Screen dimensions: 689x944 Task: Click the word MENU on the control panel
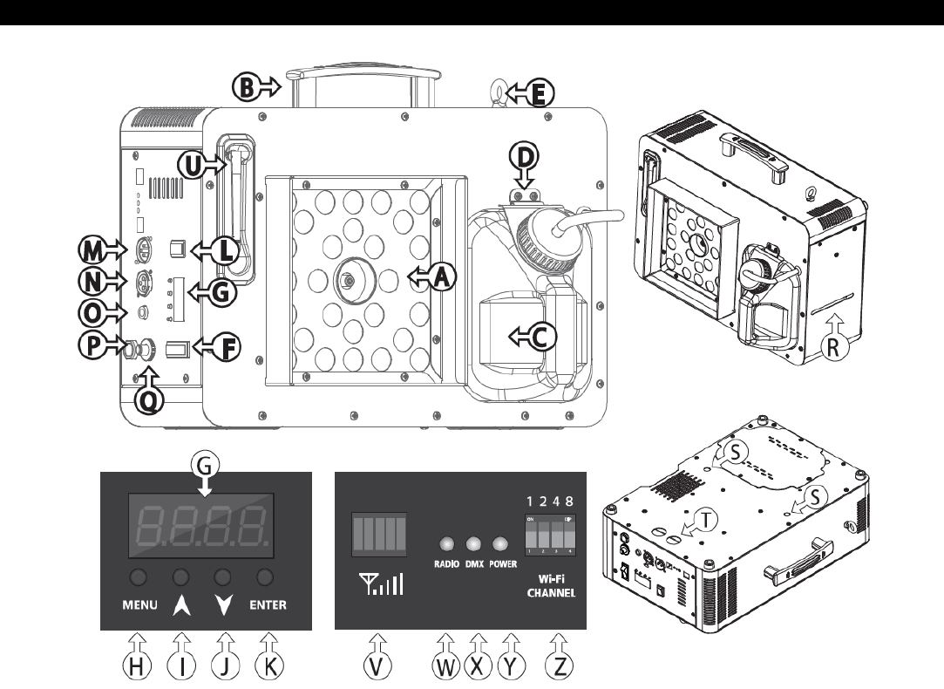(135, 605)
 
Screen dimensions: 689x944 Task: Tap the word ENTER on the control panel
(267, 605)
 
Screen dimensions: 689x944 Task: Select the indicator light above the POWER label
(500, 544)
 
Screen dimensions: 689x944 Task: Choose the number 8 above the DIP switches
(569, 501)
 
